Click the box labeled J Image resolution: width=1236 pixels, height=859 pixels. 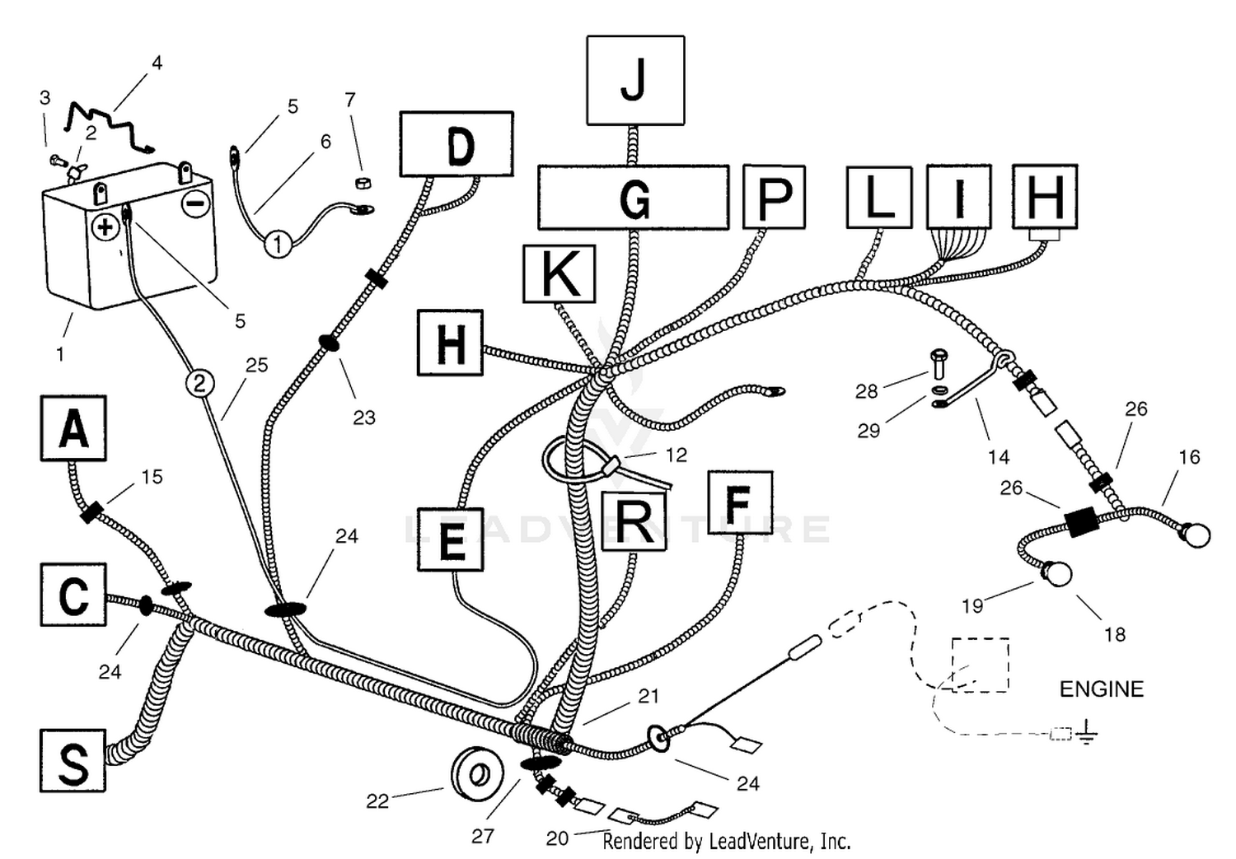(x=635, y=81)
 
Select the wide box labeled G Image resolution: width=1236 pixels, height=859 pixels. (x=634, y=198)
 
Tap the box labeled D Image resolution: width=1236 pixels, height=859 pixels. (x=456, y=144)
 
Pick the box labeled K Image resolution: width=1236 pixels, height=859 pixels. (x=559, y=274)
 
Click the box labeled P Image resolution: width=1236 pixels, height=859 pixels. (x=775, y=197)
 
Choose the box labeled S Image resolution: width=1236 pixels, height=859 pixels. (x=73, y=761)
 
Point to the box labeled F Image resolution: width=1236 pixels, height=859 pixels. (x=740, y=502)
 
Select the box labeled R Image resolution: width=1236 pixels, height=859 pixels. (x=634, y=521)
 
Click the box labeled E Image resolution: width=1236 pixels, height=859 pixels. (x=451, y=539)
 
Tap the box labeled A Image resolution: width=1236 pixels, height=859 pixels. (x=73, y=427)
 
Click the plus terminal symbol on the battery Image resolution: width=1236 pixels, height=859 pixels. (x=105, y=227)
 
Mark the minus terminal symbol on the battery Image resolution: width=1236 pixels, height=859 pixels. (x=196, y=203)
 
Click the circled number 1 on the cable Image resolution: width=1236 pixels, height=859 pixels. (x=279, y=244)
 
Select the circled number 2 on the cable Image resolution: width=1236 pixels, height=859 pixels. (x=199, y=383)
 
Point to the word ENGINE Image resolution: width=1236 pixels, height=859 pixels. (x=1102, y=689)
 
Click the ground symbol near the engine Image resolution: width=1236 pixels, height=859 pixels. (x=1087, y=731)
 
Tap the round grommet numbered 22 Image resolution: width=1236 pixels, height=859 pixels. (x=477, y=774)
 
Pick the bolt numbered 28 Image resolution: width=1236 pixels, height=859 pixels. (x=939, y=363)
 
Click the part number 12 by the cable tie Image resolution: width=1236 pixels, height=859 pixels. (x=676, y=455)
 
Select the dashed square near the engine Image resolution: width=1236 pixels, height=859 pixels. (x=981, y=665)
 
